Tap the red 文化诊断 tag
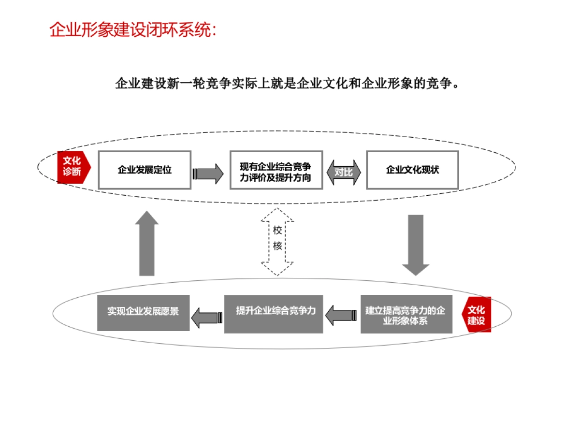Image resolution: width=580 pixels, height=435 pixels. (x=72, y=167)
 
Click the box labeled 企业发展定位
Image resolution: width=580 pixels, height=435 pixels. (x=145, y=170)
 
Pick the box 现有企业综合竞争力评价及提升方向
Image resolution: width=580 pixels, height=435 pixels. (x=276, y=170)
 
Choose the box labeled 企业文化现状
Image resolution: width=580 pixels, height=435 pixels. (x=412, y=170)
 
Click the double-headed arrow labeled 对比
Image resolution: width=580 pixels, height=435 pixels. (x=344, y=173)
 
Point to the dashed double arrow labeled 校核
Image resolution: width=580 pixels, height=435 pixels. (x=277, y=241)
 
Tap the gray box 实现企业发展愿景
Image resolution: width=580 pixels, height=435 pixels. (x=143, y=312)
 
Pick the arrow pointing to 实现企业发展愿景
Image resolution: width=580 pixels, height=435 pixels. (x=207, y=318)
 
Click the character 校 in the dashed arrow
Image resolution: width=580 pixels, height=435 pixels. (x=277, y=230)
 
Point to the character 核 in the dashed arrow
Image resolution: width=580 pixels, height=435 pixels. (x=277, y=246)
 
